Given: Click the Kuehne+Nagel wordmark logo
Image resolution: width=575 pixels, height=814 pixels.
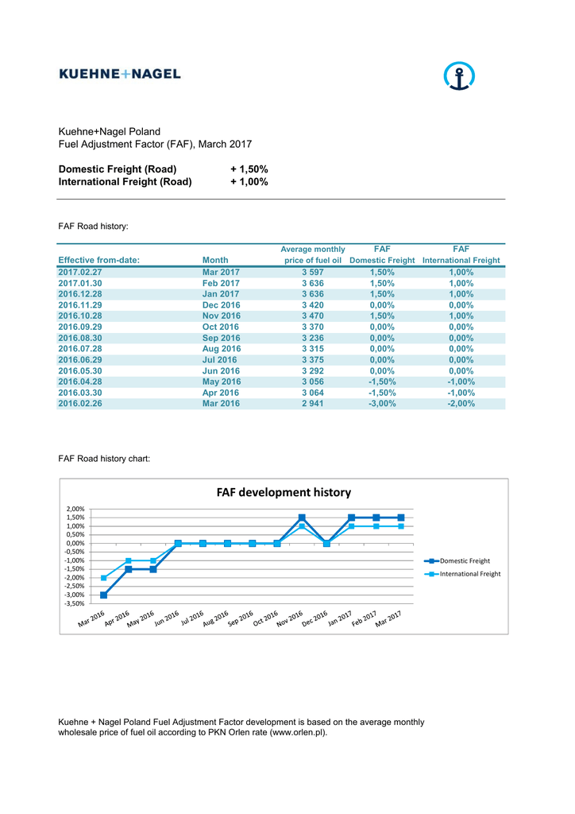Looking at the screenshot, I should pos(120,74).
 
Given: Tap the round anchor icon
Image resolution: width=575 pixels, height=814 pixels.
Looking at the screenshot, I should pos(458,77).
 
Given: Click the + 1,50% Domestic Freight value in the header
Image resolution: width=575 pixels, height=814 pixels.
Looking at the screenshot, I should pos(249,169).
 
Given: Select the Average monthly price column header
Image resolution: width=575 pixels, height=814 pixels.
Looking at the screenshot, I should pos(313,254).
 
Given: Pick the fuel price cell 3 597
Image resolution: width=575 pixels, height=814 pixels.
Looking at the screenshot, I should pos(312,272).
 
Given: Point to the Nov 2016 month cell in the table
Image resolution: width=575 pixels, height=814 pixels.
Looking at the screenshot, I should pos(221,316).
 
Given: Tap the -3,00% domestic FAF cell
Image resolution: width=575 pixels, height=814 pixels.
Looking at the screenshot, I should pos(382,403).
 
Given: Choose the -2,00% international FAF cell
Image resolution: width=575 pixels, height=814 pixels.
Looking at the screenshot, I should pos(461,403).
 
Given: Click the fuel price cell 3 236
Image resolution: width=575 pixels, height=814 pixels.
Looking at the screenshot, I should pos(312,338).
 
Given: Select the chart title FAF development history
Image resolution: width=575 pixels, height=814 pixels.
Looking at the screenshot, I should pos(284,493).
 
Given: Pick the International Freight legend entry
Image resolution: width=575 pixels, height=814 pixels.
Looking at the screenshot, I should pos(469,573).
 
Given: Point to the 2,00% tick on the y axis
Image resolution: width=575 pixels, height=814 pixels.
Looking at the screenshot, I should pos(74,509).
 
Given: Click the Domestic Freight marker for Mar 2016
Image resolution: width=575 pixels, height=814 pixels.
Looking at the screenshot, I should pos(103,595).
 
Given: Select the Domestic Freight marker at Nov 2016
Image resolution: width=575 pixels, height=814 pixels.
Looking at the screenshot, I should pos(302,517).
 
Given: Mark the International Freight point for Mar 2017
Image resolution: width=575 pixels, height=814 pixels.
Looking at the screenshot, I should pos(401,526).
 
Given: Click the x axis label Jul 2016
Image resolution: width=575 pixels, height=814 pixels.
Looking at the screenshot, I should pos(193,618).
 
